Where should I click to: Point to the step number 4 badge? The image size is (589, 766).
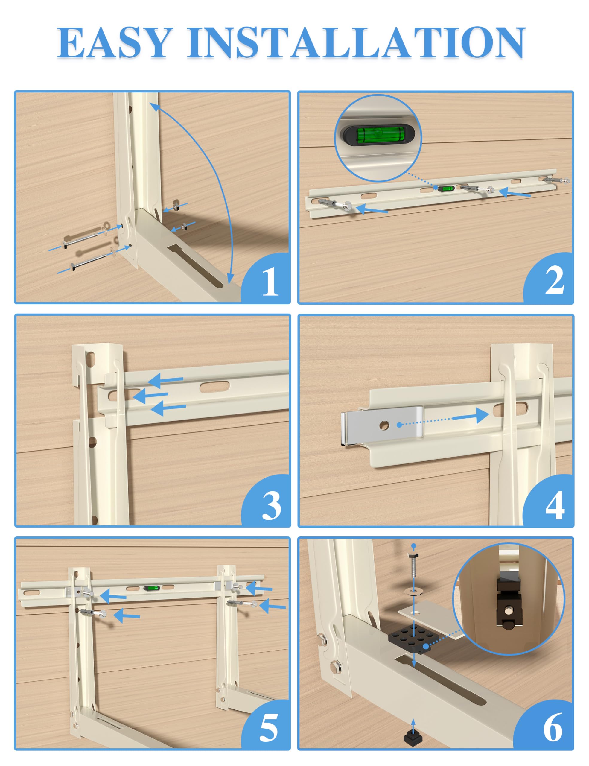[554, 505]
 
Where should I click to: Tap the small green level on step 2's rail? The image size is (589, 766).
[447, 189]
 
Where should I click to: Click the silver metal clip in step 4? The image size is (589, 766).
[382, 425]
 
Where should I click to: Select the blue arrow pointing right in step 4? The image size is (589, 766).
[470, 416]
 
